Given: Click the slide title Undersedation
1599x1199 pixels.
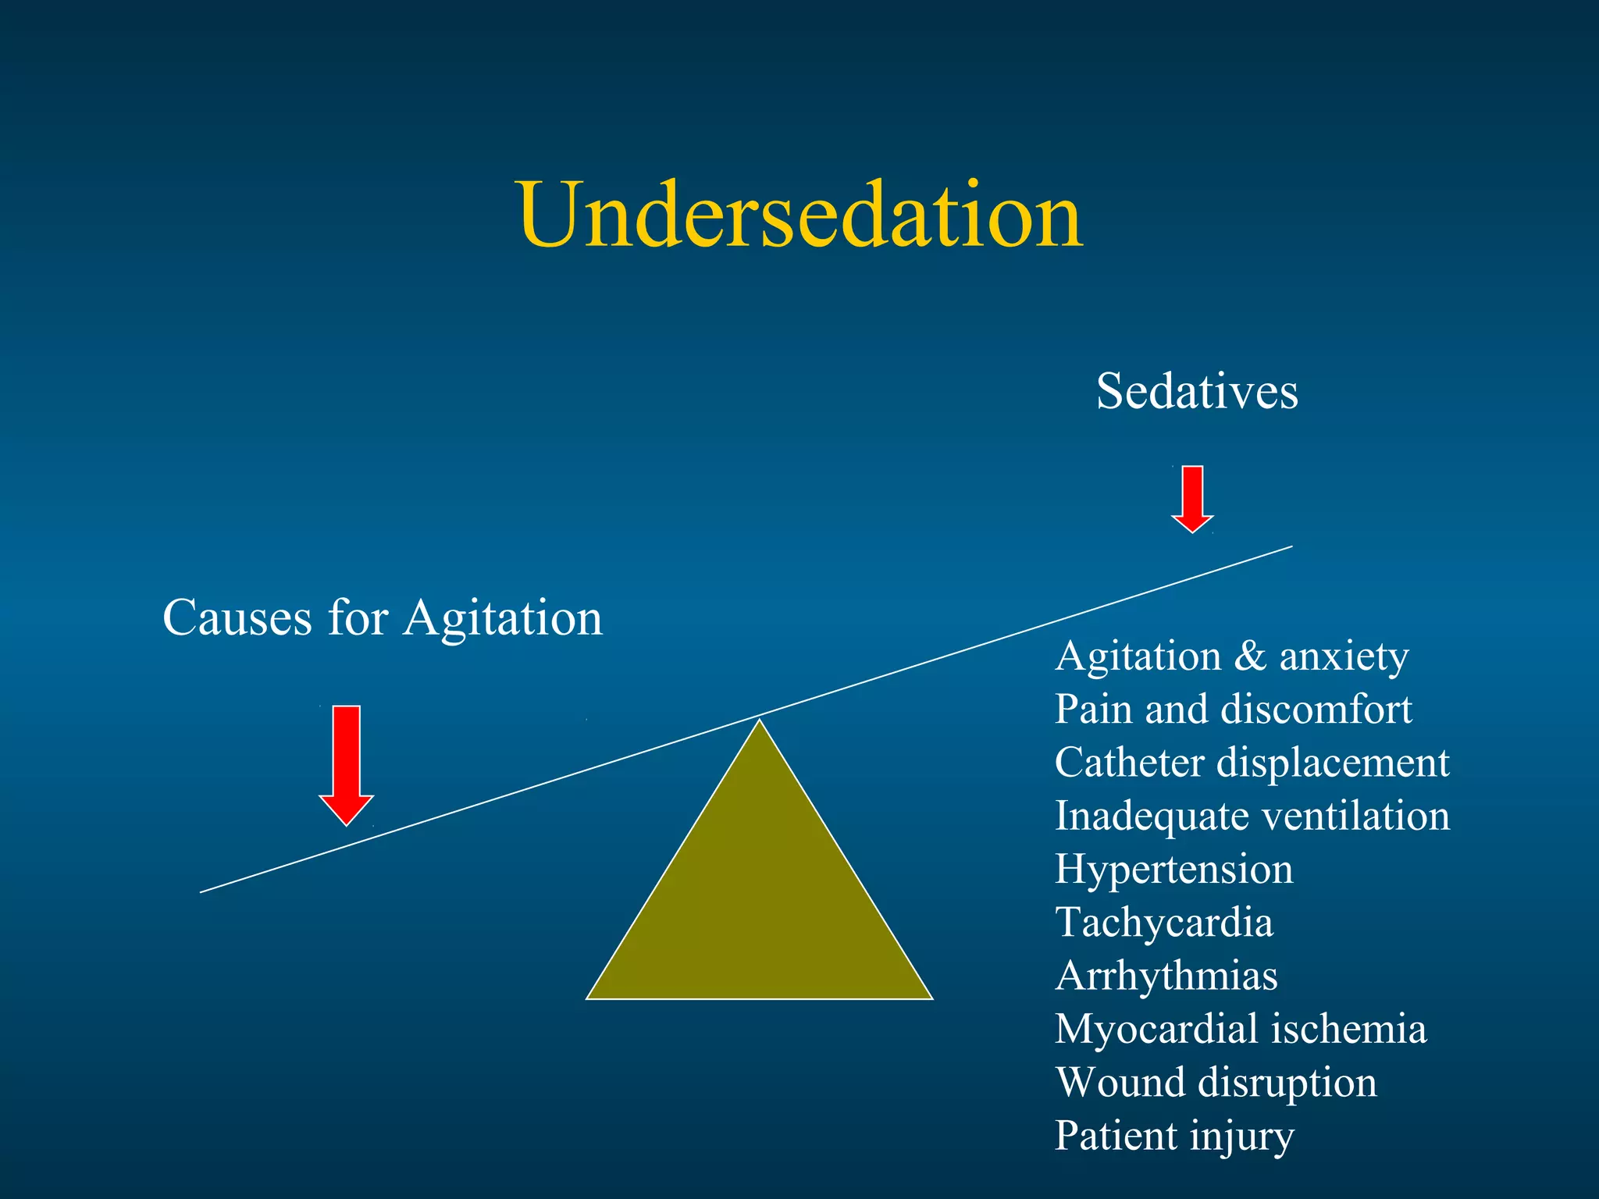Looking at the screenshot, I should click(x=799, y=215).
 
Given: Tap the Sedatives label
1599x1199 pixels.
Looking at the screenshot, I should click(x=1196, y=391).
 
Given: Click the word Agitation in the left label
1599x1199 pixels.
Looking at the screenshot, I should click(x=504, y=618).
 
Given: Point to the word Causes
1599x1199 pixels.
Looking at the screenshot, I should click(x=237, y=618).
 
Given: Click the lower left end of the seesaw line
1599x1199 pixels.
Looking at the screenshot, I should click(x=203, y=891).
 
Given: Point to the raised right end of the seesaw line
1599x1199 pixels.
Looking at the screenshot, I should click(x=1290, y=547).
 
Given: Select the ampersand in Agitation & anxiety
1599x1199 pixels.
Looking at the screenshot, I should click(x=1250, y=656).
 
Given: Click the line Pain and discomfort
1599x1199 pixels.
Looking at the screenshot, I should click(x=1233, y=710).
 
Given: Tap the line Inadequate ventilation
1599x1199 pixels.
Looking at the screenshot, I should click(x=1252, y=817).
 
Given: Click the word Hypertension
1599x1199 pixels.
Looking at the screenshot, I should click(x=1173, y=870).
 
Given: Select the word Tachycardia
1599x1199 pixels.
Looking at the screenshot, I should click(x=1164, y=923).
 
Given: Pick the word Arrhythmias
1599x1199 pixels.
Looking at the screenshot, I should click(x=1166, y=977).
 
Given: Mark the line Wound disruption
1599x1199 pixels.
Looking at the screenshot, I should click(x=1216, y=1083).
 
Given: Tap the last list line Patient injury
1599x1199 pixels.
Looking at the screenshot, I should click(x=1173, y=1137).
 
